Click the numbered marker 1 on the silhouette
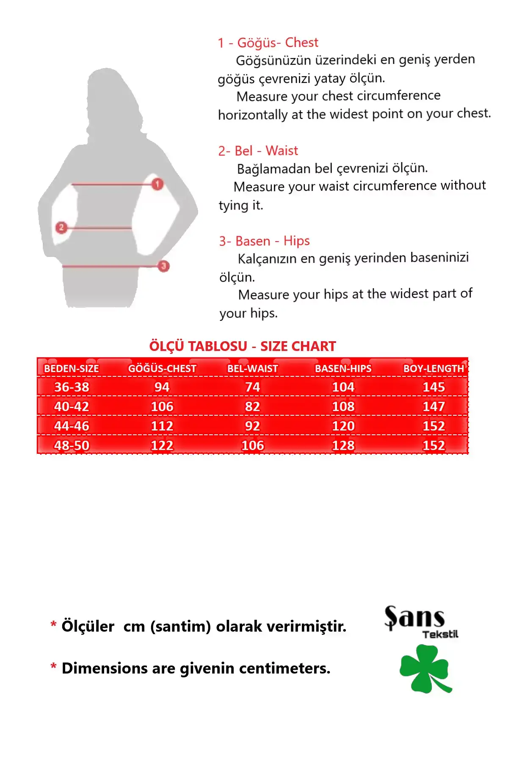pos(157,184)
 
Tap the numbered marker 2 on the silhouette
pos(61,228)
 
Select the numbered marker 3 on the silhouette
pos(163,266)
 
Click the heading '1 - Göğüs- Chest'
pos(268,43)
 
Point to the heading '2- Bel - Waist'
pos(258,151)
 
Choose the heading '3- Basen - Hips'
pos(264,241)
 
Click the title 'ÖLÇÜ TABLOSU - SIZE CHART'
pos(243,346)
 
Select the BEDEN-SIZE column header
pos(72,369)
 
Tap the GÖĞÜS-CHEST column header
pos(162,369)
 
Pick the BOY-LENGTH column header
pos(433,369)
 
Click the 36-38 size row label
pos(72,387)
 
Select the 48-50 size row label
pos(72,445)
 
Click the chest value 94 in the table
pos(162,387)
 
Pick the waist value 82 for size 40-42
pos(252,406)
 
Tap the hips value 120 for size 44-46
pos(343,426)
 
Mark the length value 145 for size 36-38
pos(433,387)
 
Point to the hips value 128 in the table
pos(343,445)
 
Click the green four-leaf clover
pos(425,668)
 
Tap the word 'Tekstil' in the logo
pos(440,634)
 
